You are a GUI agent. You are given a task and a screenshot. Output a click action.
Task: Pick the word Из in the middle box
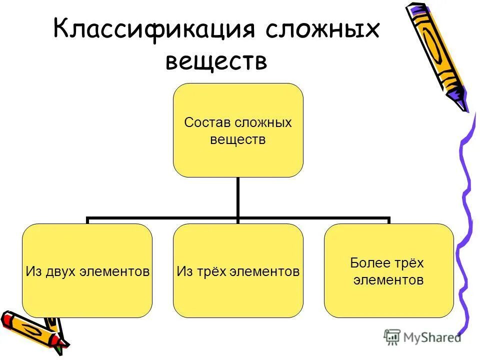183,271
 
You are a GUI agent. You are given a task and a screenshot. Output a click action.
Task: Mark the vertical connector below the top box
238,197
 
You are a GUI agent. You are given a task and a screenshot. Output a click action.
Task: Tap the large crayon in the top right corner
438,52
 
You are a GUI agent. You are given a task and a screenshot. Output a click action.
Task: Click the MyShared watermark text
432,337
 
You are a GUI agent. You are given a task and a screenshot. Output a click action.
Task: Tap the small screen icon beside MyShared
392,336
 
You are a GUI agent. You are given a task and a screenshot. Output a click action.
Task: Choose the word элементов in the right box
388,280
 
